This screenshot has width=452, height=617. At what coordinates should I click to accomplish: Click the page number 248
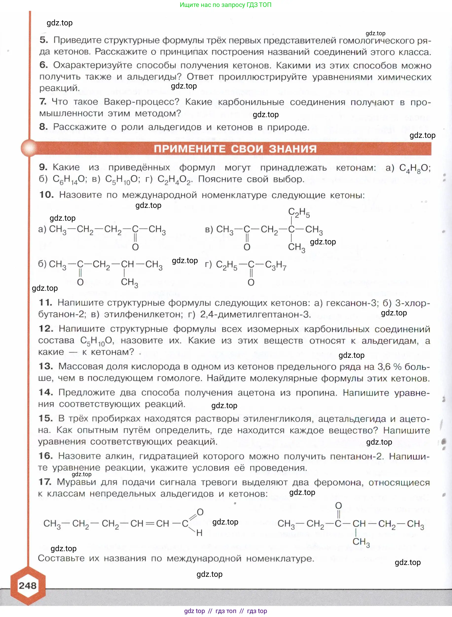[27, 585]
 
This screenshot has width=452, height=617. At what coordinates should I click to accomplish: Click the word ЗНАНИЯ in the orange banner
[292, 149]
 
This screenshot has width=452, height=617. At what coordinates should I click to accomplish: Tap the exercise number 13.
[46, 366]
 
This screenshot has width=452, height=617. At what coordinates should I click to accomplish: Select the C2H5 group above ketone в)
[299, 212]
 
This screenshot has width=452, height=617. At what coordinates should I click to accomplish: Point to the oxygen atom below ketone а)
[135, 247]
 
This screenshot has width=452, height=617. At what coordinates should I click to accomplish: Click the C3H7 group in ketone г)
[275, 265]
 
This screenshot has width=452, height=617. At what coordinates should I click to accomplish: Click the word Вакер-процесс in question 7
[142, 102]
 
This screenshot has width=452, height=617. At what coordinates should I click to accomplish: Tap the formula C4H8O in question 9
[414, 168]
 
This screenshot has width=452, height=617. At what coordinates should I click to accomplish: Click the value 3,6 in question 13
[384, 366]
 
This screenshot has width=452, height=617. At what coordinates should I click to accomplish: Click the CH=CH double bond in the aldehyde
[150, 524]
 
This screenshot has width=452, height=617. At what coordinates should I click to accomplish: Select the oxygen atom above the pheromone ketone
[339, 506]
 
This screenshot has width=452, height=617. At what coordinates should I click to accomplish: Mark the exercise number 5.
[44, 40]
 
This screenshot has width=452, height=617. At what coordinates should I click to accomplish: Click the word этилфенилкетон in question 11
[143, 314]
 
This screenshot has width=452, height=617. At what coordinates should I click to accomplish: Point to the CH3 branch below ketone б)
[129, 282]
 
